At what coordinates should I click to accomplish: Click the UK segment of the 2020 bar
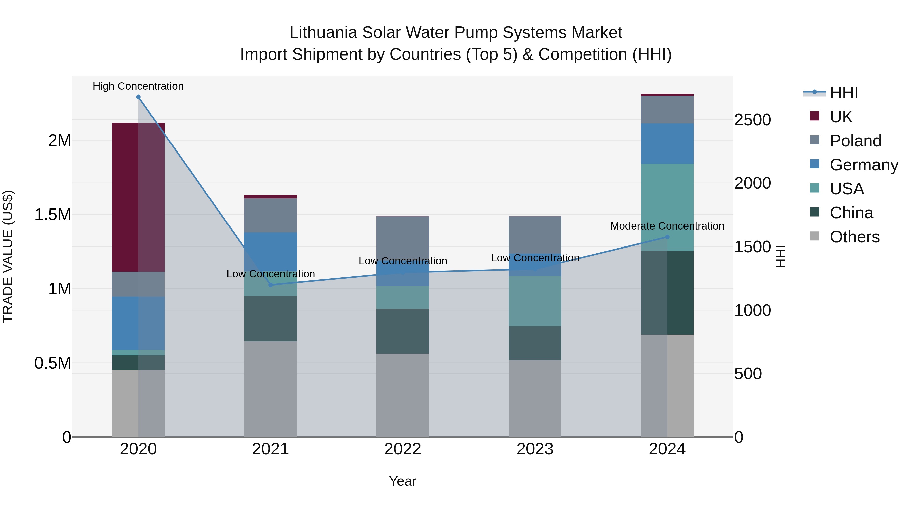pos(138,197)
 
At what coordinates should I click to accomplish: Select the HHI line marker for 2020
pos(138,97)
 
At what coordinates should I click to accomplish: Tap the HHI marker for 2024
pos(667,237)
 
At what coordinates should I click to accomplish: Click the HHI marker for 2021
pos(271,285)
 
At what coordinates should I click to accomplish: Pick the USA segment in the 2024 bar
pos(667,207)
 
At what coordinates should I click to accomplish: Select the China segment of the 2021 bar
pos(271,319)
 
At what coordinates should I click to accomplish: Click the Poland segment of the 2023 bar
pos(535,234)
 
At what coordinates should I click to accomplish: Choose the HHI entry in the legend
pos(843,93)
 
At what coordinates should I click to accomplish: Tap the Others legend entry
pos(854,237)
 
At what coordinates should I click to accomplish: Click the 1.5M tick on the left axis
pos(52,215)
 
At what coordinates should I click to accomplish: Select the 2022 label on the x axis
pos(403,449)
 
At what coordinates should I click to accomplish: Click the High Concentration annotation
pos(138,86)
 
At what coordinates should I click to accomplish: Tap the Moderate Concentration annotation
pos(667,226)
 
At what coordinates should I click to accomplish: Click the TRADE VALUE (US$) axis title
pos(8,256)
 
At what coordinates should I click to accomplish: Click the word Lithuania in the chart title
pos(323,33)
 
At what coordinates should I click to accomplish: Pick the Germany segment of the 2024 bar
pos(667,144)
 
